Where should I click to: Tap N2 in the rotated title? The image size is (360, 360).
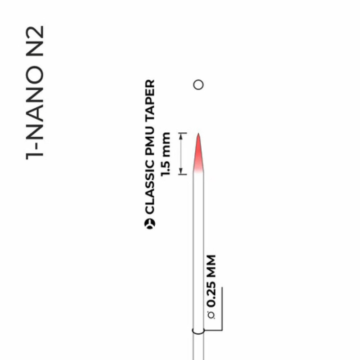pyautogui.click(x=35, y=41)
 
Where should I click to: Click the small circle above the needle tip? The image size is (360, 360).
pyautogui.click(x=198, y=84)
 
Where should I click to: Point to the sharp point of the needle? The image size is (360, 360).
pyautogui.click(x=198, y=134)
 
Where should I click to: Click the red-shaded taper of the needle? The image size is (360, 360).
pyautogui.click(x=198, y=157)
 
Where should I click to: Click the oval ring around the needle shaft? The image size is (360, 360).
pyautogui.click(x=198, y=332)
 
